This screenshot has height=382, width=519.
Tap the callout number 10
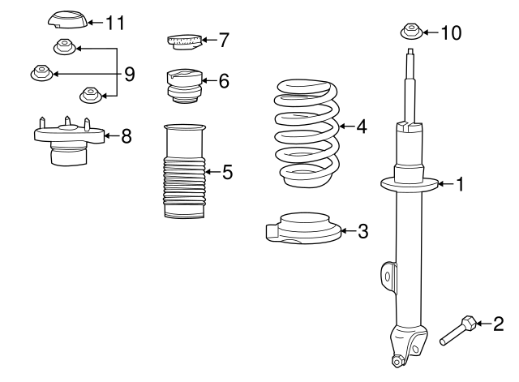[450, 32]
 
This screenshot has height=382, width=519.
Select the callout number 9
[129, 75]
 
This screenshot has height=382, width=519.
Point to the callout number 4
[361, 127]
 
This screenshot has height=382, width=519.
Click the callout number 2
[498, 324]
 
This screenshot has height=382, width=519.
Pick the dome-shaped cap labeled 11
[64, 19]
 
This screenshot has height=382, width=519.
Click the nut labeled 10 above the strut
[410, 33]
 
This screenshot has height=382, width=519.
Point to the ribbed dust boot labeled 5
[184, 172]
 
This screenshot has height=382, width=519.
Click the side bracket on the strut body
[388, 278]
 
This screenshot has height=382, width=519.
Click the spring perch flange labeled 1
[409, 185]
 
